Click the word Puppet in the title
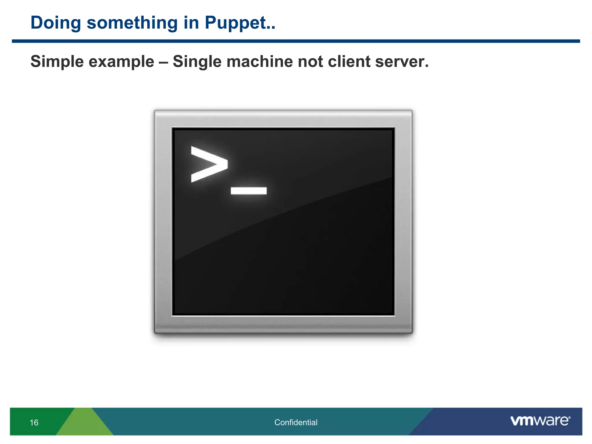click(236, 23)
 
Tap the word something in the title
click(132, 23)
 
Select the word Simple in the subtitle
click(57, 62)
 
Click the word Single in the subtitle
click(197, 62)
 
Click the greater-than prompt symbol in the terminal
click(209, 164)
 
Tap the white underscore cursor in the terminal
click(249, 190)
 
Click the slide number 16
click(34, 423)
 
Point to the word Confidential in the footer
click(296, 422)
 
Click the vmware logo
click(540, 421)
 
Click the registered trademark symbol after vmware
click(569, 418)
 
